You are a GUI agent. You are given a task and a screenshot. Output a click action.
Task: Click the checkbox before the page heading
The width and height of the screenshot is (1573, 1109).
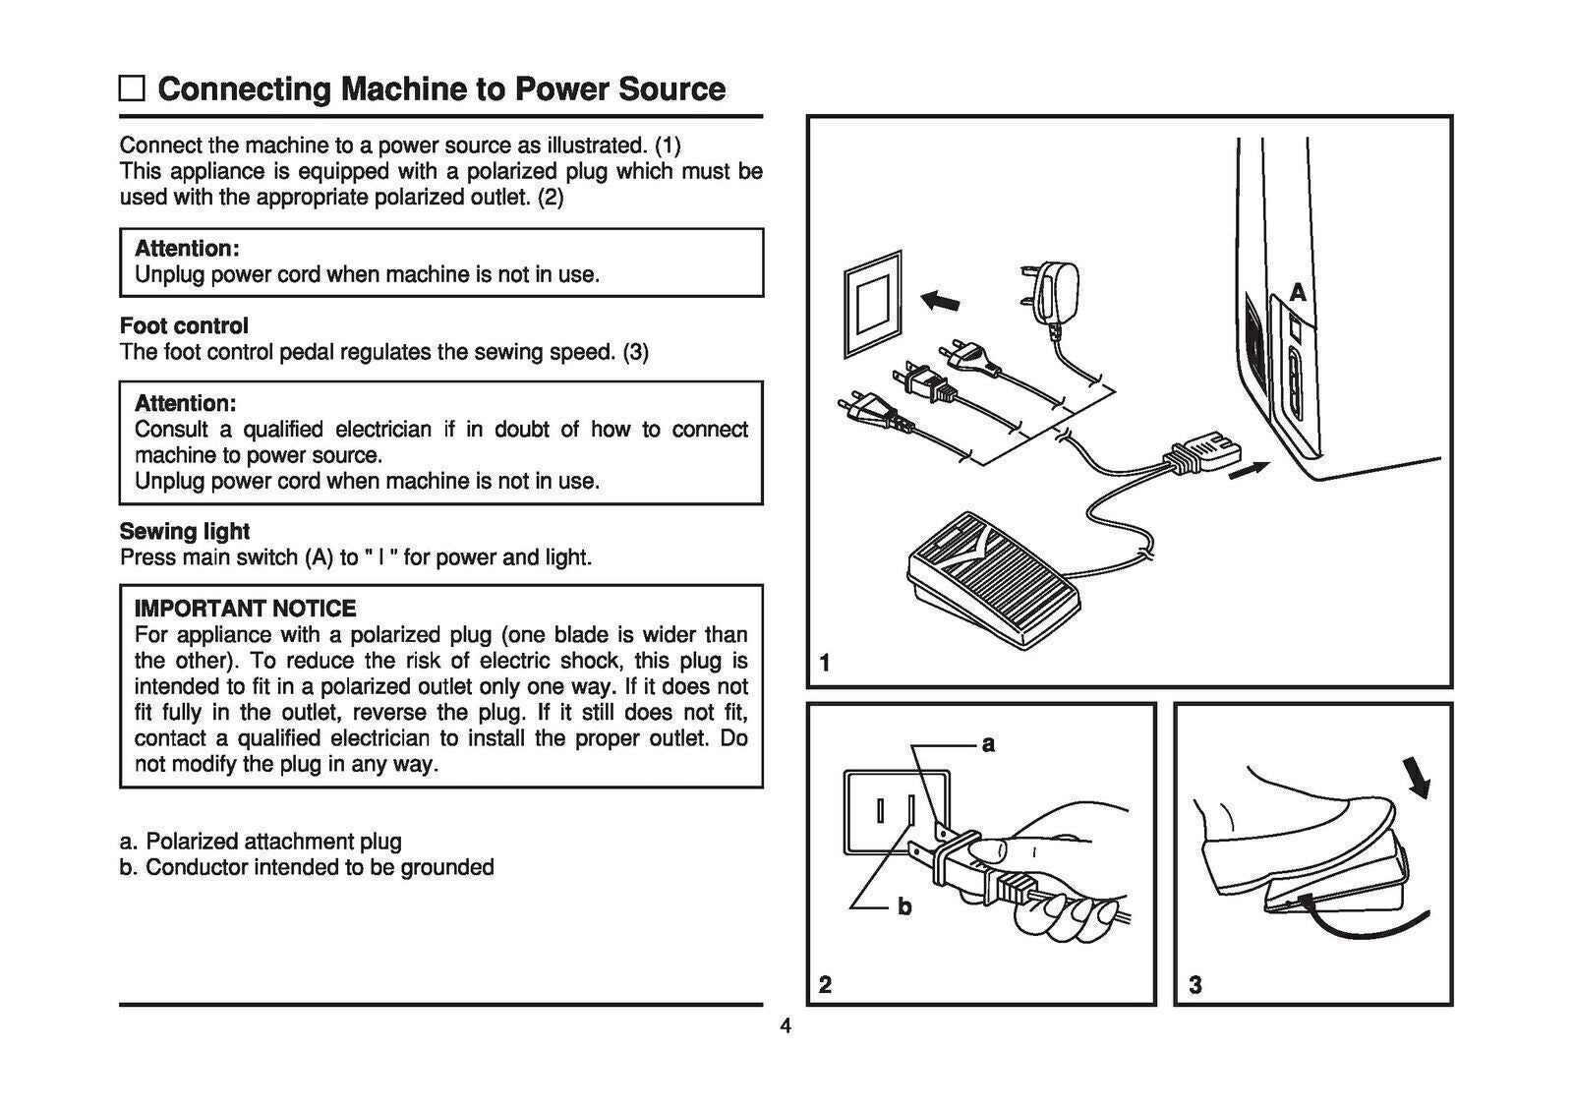[x=132, y=89]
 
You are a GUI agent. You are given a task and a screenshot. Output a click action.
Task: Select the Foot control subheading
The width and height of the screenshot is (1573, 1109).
[x=184, y=325]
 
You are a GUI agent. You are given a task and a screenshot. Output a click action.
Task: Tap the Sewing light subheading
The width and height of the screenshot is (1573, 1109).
[x=184, y=531]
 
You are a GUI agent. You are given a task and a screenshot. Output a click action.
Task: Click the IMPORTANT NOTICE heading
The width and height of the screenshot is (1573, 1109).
[x=245, y=609]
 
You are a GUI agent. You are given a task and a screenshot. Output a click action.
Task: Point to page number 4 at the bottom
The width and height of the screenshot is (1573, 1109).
[x=785, y=1027]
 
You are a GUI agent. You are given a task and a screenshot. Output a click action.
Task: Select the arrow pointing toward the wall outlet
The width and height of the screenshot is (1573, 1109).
[x=941, y=300]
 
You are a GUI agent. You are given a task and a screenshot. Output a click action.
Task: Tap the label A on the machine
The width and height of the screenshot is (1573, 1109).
[x=1298, y=293]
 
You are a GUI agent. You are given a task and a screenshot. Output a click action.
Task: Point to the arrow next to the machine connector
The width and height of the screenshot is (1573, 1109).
[x=1249, y=474]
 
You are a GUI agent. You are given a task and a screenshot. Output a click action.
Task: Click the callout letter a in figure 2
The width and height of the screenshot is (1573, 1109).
[x=989, y=744]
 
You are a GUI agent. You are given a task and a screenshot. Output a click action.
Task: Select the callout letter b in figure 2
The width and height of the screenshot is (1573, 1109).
[x=904, y=905]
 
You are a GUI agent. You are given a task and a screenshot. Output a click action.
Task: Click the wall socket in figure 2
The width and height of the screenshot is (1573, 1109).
[x=898, y=812]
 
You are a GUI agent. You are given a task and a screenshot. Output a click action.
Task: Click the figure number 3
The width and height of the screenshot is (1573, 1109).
[x=1195, y=984]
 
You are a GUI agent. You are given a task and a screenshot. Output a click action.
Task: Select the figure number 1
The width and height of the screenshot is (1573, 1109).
[x=825, y=664]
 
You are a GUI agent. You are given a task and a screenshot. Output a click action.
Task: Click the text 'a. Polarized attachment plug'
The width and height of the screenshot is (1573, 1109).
[x=261, y=842]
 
